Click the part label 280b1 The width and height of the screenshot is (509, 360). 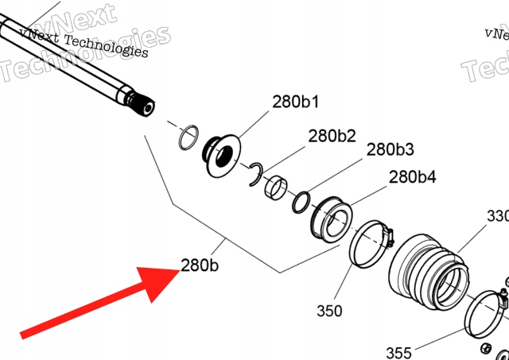pos(296,103)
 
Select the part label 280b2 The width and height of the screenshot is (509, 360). pos(332,136)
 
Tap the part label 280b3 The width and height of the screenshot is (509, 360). pos(390,149)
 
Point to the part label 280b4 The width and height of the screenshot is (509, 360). pos(412,176)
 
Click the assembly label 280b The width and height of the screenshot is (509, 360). pos(199,265)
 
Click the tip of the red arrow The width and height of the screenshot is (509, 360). pos(177,272)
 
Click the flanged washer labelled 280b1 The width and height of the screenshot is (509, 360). pos(220,155)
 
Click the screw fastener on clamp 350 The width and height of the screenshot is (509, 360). pos(387,235)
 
